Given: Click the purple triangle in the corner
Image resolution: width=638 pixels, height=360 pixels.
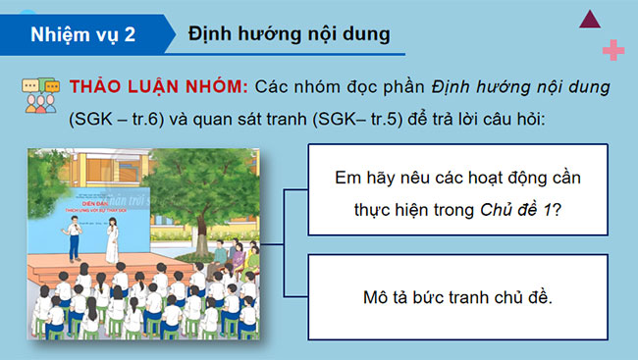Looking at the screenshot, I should (591, 17).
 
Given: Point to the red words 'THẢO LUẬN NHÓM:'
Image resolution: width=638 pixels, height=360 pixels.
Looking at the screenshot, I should (156, 86).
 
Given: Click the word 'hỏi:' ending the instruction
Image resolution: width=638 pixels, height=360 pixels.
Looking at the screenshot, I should (585, 120).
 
